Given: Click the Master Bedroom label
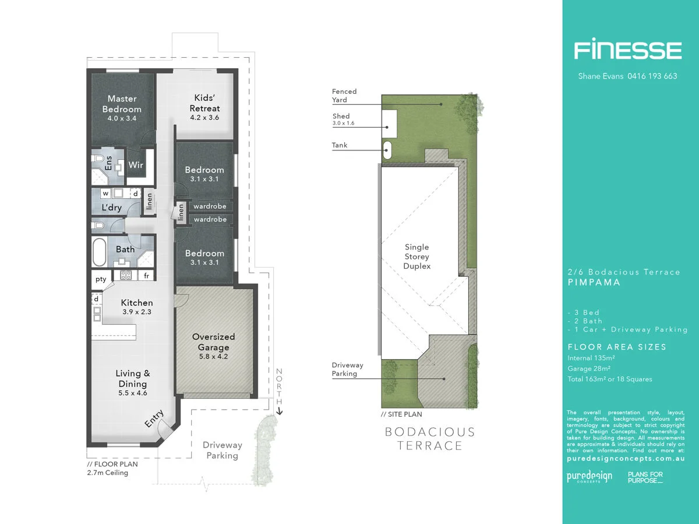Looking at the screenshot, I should (122, 104).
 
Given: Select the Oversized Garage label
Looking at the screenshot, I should (214, 342).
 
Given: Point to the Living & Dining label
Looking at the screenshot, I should (133, 378).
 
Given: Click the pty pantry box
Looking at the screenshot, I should (101, 279).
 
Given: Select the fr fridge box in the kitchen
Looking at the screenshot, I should (147, 276).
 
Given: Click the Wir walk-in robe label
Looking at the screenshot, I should (136, 165).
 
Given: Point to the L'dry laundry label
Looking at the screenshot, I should (111, 208).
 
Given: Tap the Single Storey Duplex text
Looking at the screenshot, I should (417, 256).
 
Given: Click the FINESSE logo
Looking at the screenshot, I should (627, 50).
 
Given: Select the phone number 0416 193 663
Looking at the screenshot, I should (651, 76).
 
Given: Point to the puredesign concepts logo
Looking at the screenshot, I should (589, 477).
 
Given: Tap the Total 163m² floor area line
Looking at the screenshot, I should (610, 379).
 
